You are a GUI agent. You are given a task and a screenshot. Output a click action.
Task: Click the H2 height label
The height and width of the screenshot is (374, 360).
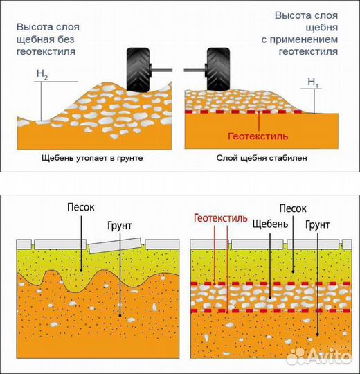[x=42, y=74]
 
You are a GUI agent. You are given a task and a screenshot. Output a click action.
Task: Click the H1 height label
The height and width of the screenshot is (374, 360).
[x=313, y=82]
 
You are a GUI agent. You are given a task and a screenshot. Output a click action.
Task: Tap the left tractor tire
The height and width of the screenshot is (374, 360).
[x=138, y=70]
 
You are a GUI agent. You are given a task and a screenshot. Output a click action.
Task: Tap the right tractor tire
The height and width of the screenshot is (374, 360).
[x=218, y=69]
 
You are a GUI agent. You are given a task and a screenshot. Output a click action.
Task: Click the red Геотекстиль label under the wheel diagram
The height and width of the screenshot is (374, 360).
[x=258, y=136]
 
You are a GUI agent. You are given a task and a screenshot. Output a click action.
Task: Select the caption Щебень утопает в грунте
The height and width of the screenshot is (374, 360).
[x=92, y=158]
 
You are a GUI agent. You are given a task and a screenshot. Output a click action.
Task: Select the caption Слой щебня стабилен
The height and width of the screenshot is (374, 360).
[x=262, y=158]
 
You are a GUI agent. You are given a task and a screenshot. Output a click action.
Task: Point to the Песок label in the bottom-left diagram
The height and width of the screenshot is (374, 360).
[x=81, y=207]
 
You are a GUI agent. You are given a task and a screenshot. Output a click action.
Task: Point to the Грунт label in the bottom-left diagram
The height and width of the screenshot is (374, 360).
[x=120, y=226]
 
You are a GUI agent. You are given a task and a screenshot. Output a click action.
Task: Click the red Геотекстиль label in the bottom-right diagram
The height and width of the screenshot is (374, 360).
[x=221, y=218]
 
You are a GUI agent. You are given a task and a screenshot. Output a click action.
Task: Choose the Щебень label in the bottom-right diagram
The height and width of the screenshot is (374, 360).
[x=270, y=224]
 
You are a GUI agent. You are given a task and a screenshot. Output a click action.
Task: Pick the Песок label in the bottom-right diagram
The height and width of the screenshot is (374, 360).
[x=293, y=208]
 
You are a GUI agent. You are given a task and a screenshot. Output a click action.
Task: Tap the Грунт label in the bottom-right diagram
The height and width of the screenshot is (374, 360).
[x=318, y=225]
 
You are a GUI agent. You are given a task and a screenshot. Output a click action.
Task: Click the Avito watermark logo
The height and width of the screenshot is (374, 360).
[x=319, y=357]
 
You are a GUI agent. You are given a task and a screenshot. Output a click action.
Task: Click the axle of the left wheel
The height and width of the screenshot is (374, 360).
[x=161, y=70]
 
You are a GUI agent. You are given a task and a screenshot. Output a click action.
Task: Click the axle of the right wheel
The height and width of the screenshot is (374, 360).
[x=195, y=70]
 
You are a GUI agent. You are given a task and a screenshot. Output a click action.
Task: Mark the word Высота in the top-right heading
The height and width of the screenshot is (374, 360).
[x=290, y=15]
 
